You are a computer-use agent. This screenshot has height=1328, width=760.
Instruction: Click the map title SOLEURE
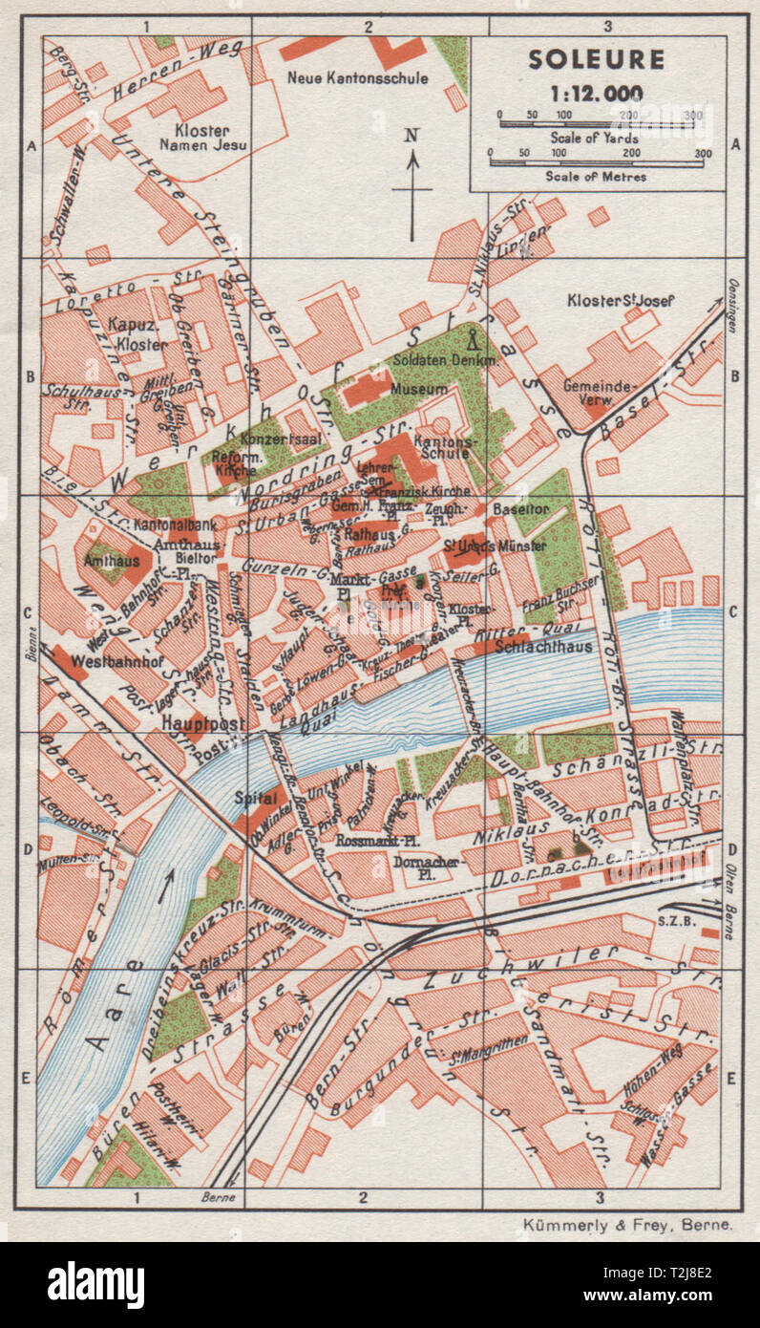(596, 60)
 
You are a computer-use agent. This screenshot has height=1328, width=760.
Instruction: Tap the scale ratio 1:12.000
(596, 93)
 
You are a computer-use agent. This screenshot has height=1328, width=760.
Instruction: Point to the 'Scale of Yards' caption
(596, 137)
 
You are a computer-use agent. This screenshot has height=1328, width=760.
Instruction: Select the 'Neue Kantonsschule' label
(358, 77)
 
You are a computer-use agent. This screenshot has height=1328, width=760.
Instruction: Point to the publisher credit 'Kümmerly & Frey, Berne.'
(627, 1223)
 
